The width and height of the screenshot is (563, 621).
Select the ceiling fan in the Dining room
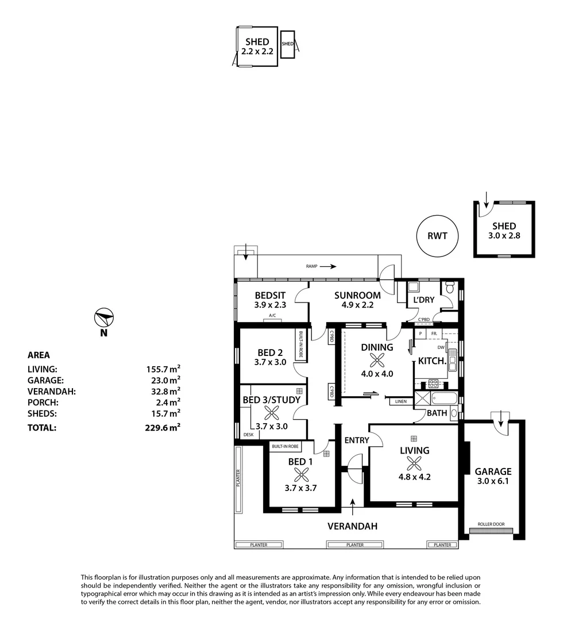pos(377,361)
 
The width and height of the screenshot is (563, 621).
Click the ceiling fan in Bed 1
pos(301,474)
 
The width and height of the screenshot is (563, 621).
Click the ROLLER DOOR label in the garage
pos(491,524)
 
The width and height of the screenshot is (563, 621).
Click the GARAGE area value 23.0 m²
pos(163,380)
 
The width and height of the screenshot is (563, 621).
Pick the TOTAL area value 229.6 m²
pos(163,428)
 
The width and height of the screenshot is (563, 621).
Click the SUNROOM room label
pos(357,296)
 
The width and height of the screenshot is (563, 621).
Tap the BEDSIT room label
pos(270,296)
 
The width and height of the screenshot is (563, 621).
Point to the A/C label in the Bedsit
pos(272,316)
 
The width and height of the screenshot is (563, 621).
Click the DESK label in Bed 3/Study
pos(248,435)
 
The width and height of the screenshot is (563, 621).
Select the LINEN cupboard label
pos(401,401)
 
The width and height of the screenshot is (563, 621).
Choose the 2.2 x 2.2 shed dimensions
pos(257,51)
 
